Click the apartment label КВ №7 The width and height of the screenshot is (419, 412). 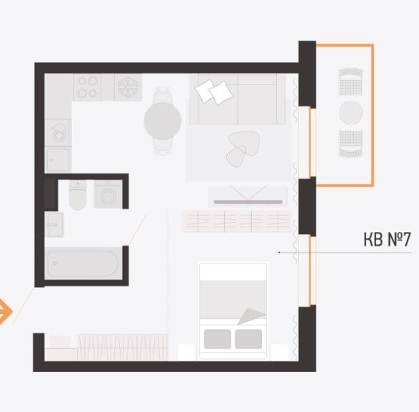(x=387, y=239)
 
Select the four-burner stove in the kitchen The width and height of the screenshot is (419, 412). (x=87, y=87)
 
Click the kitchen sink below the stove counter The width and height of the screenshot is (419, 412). (x=58, y=132)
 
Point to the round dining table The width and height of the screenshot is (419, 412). (x=163, y=121)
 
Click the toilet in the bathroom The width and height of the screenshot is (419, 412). (x=78, y=195)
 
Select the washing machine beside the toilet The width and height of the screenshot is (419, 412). (x=108, y=194)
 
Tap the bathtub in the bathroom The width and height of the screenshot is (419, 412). (x=84, y=263)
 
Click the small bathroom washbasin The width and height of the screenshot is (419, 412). (x=54, y=225)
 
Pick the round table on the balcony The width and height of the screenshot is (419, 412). (x=350, y=113)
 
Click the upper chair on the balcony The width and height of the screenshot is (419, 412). (x=350, y=82)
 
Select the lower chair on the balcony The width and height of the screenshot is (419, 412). (x=350, y=144)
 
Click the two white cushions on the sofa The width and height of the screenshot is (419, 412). (x=213, y=91)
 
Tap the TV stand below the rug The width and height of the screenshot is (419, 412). (x=248, y=196)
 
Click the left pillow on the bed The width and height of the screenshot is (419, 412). (x=218, y=339)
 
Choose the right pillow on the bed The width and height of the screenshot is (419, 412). (x=248, y=339)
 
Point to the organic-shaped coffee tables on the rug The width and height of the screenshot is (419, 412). (x=243, y=149)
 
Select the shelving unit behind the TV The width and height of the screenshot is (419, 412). (x=237, y=221)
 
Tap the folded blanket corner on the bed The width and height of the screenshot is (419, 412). (x=252, y=316)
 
